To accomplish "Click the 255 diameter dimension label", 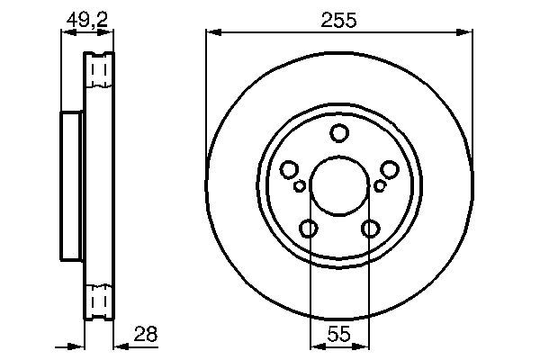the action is coord(338,21).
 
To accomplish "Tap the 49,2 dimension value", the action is coord(87,21).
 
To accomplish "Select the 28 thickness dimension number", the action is coord(146,334).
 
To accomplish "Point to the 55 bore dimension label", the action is coord(339,334).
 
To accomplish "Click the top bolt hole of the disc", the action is coord(339,133).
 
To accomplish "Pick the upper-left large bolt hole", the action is coord(289,169).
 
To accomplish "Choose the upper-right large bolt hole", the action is coord(390,169).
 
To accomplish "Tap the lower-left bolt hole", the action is coord(308,229).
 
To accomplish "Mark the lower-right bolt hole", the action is coord(370,229).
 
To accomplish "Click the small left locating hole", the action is coord(300,186).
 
